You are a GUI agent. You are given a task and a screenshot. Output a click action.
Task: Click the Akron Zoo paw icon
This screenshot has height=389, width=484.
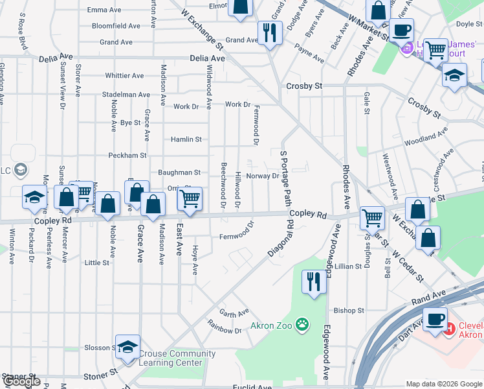click(302, 323)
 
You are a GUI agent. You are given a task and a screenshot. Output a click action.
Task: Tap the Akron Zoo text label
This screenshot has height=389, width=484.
click(272, 323)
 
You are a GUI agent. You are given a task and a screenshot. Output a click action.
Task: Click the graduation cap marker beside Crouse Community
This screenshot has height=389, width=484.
click(128, 346)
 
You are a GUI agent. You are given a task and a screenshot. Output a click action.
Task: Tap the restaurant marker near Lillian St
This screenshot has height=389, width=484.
click(314, 282)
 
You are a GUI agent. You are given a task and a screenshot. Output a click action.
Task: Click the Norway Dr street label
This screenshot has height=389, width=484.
click(262, 176)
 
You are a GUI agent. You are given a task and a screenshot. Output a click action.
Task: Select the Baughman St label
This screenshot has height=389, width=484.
click(179, 172)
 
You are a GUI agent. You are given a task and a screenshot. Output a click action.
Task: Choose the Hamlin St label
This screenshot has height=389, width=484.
click(186, 139)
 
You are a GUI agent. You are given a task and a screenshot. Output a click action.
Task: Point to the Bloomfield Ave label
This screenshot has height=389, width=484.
click(116, 26)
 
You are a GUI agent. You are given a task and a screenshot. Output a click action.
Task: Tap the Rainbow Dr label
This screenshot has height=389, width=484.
click(224, 330)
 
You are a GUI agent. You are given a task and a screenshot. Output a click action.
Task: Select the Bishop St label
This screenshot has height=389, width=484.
click(350, 311)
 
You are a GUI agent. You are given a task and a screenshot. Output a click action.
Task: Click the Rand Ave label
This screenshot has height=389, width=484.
click(429, 295)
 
